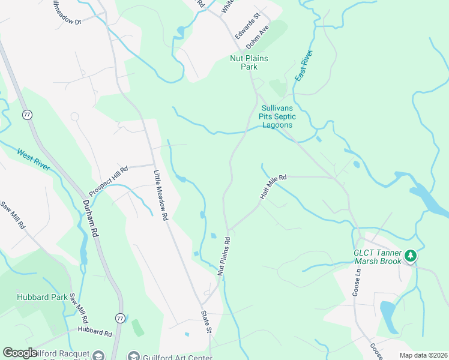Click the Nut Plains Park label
point(249,62)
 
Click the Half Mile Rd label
point(274,187)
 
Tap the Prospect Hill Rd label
point(109,181)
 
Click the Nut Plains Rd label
point(223,256)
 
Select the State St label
point(208,322)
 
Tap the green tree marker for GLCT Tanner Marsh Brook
point(411,256)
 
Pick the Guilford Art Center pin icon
point(133,356)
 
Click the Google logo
point(20,353)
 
